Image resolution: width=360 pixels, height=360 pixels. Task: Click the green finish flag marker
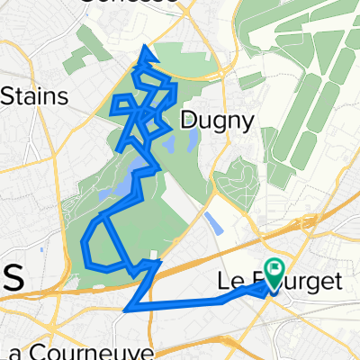pyautogui.click(x=274, y=269)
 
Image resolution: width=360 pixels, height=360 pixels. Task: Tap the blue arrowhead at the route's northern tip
pyautogui.click(x=146, y=56)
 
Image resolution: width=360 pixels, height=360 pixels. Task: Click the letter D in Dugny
pyautogui.click(x=187, y=119)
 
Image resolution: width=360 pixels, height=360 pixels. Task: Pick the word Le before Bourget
pyautogui.click(x=229, y=283)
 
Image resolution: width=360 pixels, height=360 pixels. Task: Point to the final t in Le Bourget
pyautogui.click(x=337, y=283)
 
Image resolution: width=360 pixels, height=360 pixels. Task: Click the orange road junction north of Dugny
pyautogui.click(x=220, y=79)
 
